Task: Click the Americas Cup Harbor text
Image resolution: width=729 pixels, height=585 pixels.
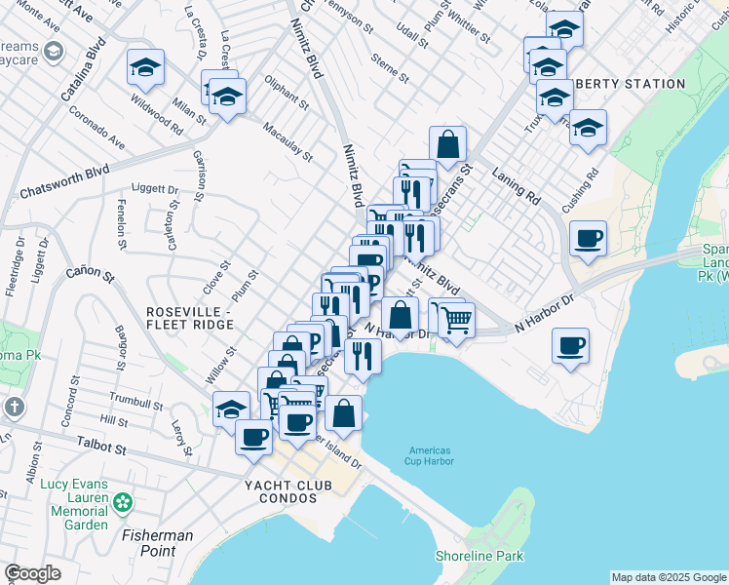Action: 429,456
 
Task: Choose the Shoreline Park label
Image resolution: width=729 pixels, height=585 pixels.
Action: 479,557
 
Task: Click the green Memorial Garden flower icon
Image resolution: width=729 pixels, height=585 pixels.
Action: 122,502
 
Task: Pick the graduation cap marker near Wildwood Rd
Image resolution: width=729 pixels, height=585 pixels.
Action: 145,67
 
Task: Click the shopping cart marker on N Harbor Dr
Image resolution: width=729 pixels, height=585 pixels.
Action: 456,318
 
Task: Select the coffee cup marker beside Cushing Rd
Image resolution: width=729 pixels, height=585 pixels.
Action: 588,238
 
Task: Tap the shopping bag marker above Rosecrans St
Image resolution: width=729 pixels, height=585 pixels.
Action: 446,143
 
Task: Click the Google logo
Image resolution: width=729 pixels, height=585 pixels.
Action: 32,573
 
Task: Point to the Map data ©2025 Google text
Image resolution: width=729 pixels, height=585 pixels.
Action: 669,577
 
